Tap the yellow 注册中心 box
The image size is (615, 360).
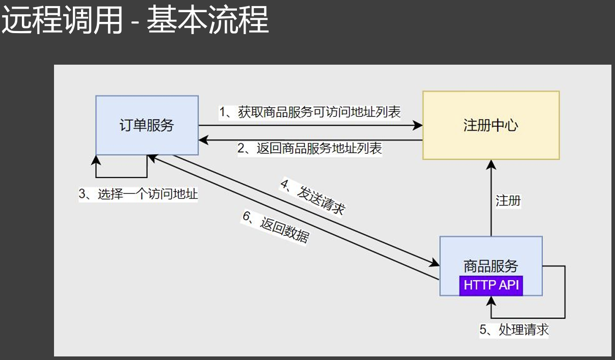(491, 125)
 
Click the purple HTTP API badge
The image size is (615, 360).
(491, 285)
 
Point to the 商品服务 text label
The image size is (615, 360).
(491, 265)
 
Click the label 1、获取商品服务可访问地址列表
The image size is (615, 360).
(310, 112)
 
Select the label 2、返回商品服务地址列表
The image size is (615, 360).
(310, 148)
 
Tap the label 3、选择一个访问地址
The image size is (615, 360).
(138, 195)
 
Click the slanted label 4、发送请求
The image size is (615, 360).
(312, 197)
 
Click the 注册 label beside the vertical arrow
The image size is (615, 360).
(508, 201)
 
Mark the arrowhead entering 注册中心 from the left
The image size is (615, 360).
(419, 125)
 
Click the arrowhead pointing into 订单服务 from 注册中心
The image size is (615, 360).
(202, 140)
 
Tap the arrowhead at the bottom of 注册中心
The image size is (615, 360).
(491, 164)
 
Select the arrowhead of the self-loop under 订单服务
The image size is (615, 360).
(96, 159)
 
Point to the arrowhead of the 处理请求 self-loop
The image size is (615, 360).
(491, 300)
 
